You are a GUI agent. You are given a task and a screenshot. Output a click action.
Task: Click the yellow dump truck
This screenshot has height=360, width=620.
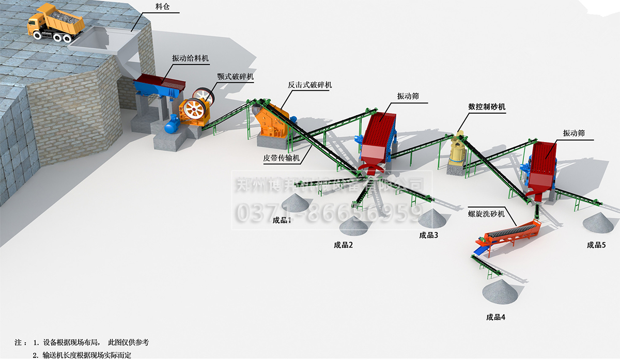coord(55,23)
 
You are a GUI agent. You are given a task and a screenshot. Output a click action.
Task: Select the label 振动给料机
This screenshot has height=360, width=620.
coord(191,58)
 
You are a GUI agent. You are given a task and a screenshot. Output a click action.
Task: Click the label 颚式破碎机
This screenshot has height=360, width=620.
coord(236,76)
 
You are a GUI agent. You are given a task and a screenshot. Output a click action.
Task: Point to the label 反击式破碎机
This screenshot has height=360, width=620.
coord(311,85)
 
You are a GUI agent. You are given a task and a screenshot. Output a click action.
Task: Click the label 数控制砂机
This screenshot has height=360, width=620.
coord(487,107)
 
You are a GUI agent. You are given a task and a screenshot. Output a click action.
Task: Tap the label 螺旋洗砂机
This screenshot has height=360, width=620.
coord(486,213)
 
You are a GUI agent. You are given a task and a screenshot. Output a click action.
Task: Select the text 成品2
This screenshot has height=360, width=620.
coord(343,245)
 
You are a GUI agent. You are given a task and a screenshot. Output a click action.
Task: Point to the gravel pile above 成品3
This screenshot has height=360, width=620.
coord(432,219)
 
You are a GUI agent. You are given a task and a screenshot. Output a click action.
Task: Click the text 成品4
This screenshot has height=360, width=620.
coord(495,318)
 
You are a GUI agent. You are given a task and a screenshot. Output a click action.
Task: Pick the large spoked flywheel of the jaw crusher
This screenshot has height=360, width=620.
coord(195,109)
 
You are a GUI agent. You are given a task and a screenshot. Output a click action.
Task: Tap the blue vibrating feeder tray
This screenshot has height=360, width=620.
coord(161,86)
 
